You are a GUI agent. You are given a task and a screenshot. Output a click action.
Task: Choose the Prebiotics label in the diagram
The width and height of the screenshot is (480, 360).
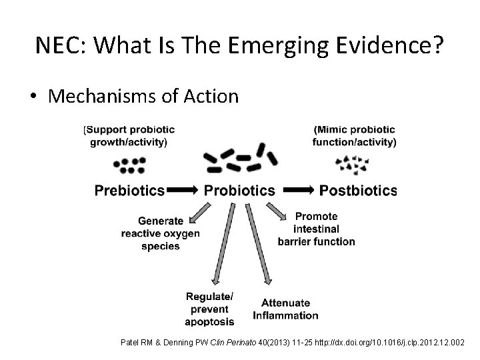pos(129,191)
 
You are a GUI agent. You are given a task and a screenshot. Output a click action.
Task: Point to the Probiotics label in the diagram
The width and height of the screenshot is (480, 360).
pos(239,191)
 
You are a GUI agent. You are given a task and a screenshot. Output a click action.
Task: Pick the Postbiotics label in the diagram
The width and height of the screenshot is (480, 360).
pos(358,191)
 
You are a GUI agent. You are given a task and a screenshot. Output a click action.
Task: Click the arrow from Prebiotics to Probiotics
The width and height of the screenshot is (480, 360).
pos(183,191)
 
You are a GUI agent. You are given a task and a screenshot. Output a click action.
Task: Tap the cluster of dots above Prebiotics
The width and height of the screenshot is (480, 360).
pos(129,165)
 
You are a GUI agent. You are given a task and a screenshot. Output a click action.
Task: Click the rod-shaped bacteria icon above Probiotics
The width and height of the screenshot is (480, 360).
pos(239,158)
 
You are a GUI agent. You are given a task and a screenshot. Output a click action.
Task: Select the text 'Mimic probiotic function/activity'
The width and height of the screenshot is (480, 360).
pos(354,135)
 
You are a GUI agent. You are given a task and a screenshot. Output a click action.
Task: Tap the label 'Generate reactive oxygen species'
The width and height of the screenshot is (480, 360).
pos(160,233)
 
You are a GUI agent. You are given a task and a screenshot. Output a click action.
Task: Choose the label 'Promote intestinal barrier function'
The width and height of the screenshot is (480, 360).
pos(316,229)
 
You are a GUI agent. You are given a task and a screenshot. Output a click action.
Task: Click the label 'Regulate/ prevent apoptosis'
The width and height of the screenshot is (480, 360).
pos(210,309)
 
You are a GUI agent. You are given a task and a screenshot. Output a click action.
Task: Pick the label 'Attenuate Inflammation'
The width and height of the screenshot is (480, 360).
pos(285,309)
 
